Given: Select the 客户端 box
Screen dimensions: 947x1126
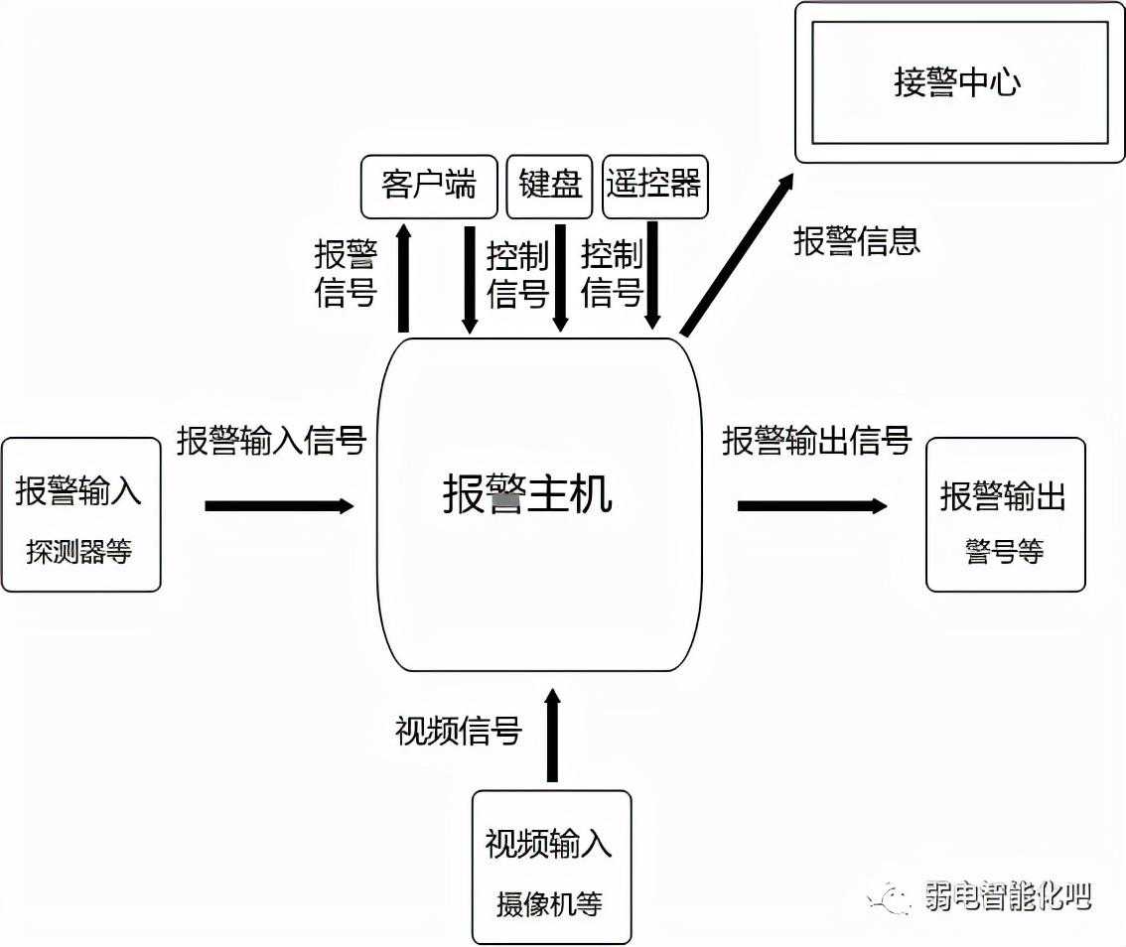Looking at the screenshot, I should tap(428, 186).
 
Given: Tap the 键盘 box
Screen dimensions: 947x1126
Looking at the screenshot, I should tap(550, 186).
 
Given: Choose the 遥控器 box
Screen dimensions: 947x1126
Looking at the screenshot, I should tap(654, 186).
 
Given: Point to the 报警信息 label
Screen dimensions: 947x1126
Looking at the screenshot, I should tap(857, 241).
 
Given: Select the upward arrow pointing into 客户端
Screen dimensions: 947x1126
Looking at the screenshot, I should tap(403, 278).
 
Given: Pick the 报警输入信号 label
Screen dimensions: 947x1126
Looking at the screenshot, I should tap(271, 441).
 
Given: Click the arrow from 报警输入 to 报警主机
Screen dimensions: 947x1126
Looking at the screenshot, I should tap(279, 506).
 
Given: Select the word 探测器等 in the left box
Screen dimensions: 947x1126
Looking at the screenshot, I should tap(79, 553).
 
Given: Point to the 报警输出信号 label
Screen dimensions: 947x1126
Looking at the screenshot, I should tap(816, 441).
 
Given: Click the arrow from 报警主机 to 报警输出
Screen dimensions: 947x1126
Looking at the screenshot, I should tap(811, 506).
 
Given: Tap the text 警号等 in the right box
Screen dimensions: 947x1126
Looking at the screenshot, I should tap(1004, 552).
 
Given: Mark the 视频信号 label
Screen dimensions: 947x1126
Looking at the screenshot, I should tap(459, 732).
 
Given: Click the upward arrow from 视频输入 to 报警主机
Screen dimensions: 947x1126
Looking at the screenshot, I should tap(552, 736).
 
